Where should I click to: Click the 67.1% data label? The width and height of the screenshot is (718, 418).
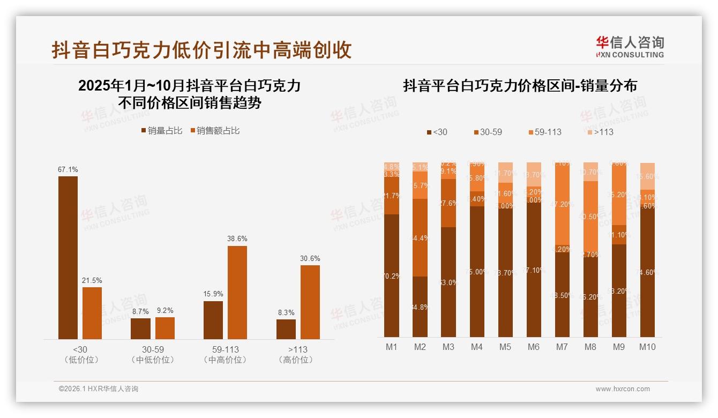(x=68, y=170)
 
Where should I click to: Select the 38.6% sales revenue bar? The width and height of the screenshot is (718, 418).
(x=237, y=292)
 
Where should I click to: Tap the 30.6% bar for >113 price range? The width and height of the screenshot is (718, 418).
(x=310, y=302)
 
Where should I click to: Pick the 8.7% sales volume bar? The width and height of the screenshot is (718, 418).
(x=140, y=329)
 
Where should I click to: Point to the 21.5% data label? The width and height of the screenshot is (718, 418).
(x=92, y=281)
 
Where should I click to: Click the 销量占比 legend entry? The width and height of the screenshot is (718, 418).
(x=161, y=131)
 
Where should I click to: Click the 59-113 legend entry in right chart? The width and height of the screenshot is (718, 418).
(x=544, y=132)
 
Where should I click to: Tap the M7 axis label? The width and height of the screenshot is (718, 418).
(x=562, y=347)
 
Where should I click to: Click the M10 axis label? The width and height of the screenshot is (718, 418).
(x=647, y=347)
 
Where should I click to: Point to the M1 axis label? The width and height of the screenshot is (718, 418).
(x=392, y=347)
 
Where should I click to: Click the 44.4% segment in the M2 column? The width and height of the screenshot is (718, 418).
(x=420, y=237)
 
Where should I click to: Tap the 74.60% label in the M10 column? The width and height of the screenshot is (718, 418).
(x=648, y=272)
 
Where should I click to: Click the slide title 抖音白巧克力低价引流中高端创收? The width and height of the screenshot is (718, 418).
(x=201, y=50)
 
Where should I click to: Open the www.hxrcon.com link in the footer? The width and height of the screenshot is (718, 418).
(x=623, y=389)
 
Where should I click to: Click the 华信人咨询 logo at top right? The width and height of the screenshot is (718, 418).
(x=630, y=47)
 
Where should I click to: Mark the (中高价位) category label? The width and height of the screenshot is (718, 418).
(x=225, y=360)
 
